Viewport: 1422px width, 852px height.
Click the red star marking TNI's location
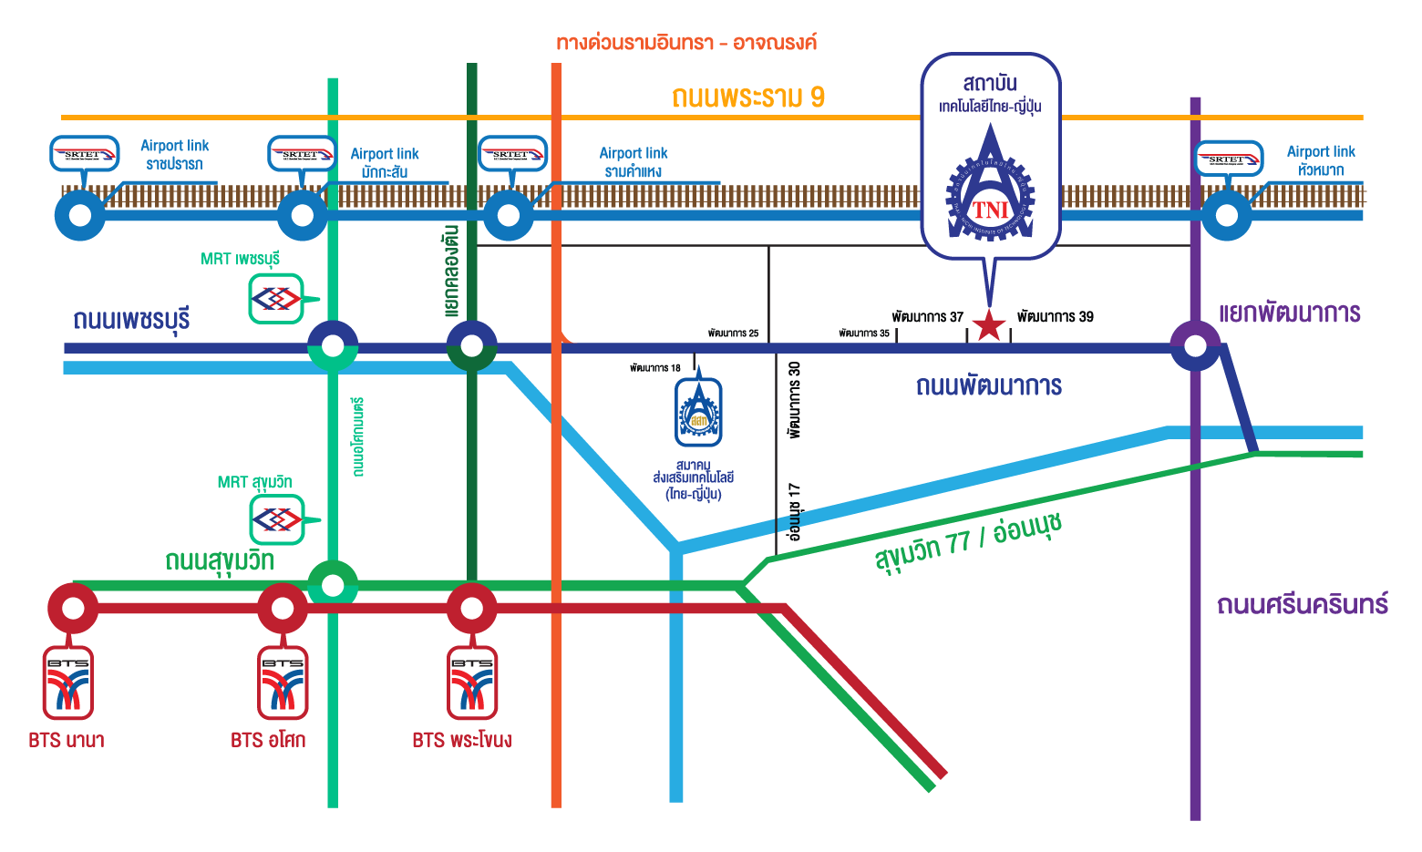pos(989,325)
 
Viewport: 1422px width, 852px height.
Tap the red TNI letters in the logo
pos(991,210)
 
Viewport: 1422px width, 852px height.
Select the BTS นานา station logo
pos(68,683)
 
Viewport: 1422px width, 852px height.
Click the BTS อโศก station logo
pos(283,683)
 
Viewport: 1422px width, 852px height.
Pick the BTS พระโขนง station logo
pos(472,683)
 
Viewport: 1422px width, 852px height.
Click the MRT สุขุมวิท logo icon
pos(277,520)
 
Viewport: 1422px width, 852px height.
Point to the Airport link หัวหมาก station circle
pos(1227,216)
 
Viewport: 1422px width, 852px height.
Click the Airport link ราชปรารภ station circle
pos(80,216)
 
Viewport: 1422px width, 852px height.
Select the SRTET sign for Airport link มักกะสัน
pos(301,154)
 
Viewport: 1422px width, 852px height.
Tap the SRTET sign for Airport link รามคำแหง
pos(512,154)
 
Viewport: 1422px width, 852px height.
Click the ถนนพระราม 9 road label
pos(748,98)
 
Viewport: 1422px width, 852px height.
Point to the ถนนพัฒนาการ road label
pos(989,385)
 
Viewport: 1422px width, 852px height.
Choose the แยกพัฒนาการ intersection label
pos(1289,313)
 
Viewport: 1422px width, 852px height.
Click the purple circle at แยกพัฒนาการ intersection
pos(1195,346)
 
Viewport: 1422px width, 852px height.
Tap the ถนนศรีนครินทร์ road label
pos(1302,604)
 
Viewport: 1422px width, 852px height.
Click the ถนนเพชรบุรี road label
pos(132,320)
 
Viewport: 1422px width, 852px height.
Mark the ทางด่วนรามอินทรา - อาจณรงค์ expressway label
pos(686,43)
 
